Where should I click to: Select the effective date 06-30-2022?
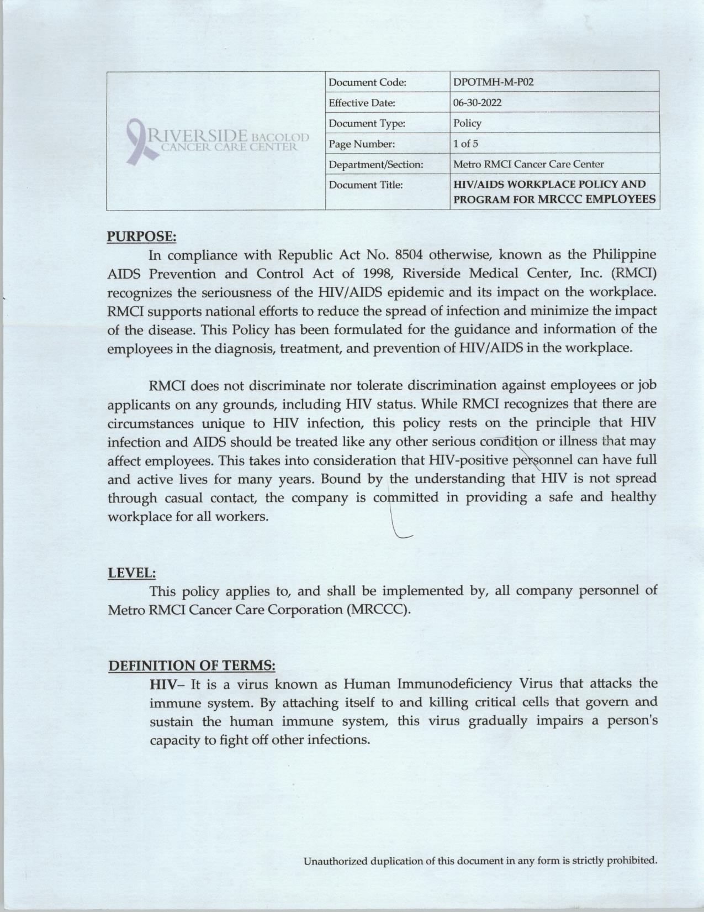478,103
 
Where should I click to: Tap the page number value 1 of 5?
465,144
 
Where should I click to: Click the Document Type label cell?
367,123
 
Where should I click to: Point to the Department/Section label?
375,164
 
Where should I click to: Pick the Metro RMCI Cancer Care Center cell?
528,164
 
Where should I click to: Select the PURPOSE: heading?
141,237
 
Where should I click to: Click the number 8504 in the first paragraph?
409,255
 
